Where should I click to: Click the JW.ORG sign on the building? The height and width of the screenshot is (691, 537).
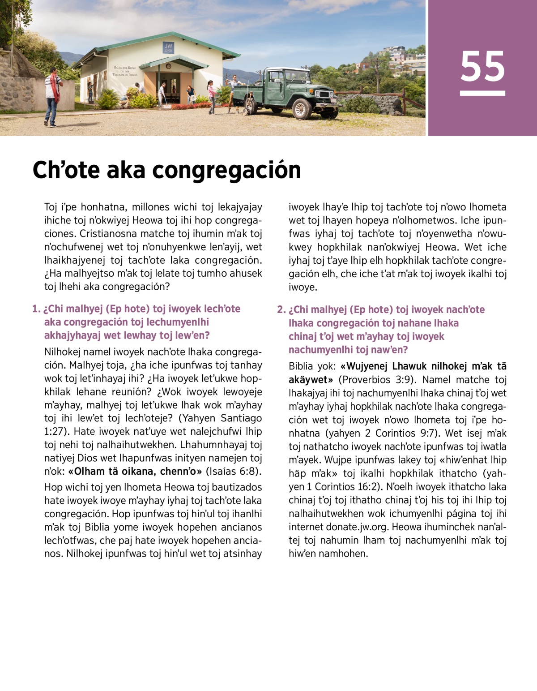click(x=168, y=48)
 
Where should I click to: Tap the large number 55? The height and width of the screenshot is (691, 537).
click(x=482, y=67)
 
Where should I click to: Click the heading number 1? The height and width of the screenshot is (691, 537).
click(x=36, y=309)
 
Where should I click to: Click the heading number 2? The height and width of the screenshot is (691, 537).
click(x=281, y=310)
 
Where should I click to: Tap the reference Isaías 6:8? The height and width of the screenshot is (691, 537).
click(x=234, y=472)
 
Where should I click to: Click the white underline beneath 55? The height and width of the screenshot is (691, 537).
click(x=482, y=93)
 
